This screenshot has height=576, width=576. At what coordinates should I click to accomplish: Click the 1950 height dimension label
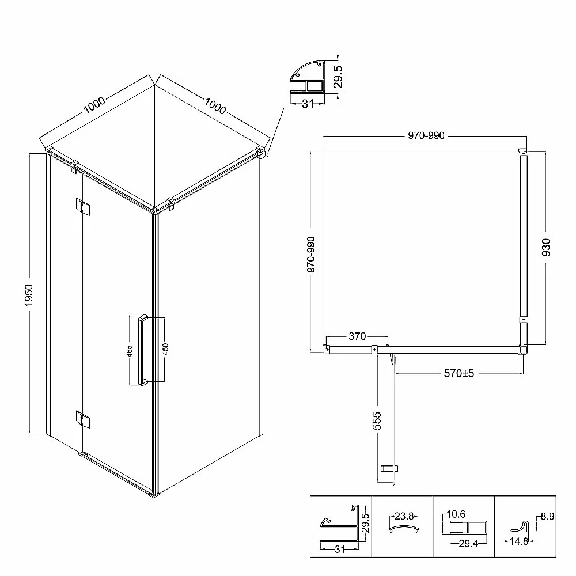coord(29,295)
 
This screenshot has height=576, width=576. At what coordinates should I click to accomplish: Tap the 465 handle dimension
coord(129,351)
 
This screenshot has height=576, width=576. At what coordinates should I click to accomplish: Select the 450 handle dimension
coord(165,349)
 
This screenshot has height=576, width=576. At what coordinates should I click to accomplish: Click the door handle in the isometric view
coord(142,350)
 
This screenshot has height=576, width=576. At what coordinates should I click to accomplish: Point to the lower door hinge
coord(83,419)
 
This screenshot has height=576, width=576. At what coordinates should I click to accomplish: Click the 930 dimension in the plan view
coord(546,247)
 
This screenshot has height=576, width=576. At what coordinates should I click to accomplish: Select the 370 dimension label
coord(357,336)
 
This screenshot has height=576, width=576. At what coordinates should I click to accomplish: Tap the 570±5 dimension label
coord(459,374)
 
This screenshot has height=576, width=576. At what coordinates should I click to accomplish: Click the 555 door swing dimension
coord(377,421)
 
